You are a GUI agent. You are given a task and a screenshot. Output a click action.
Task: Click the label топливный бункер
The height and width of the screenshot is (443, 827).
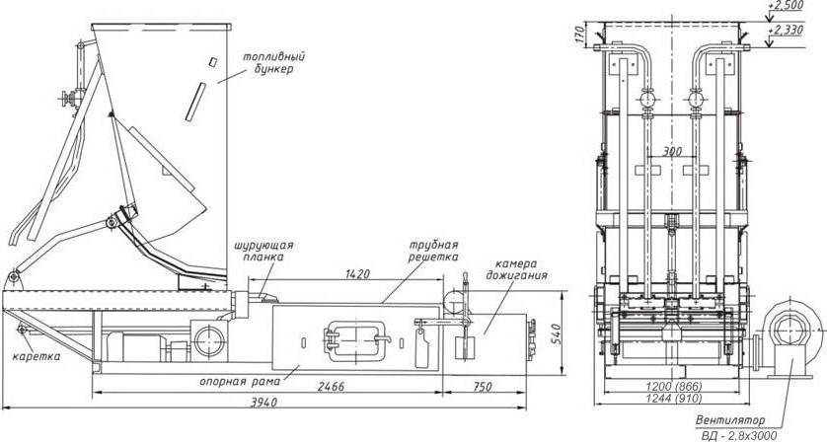273,63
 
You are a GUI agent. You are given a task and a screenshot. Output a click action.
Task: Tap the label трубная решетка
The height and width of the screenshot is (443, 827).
434,251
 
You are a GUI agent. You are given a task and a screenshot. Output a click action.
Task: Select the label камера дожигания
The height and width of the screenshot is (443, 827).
516,269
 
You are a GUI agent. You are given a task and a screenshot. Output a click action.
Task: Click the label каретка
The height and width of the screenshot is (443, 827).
37,356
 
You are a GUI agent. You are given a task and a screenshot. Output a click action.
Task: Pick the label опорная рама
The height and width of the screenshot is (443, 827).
240,381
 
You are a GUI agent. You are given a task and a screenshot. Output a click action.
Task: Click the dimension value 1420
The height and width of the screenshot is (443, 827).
358,273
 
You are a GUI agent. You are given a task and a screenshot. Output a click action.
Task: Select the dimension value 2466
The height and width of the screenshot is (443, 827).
331,387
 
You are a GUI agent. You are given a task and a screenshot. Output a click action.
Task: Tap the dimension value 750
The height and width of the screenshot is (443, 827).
482,387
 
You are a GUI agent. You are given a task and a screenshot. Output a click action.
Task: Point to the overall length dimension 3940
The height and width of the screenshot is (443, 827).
263,403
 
